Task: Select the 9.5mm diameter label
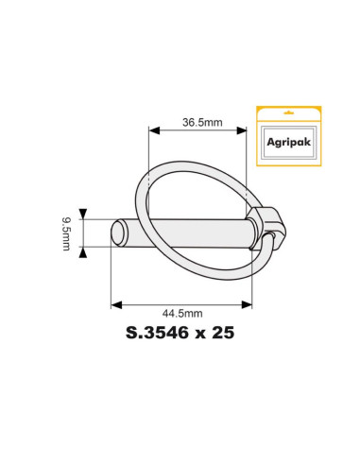66,232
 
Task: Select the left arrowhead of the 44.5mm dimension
115,303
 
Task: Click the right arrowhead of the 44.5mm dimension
248,303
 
